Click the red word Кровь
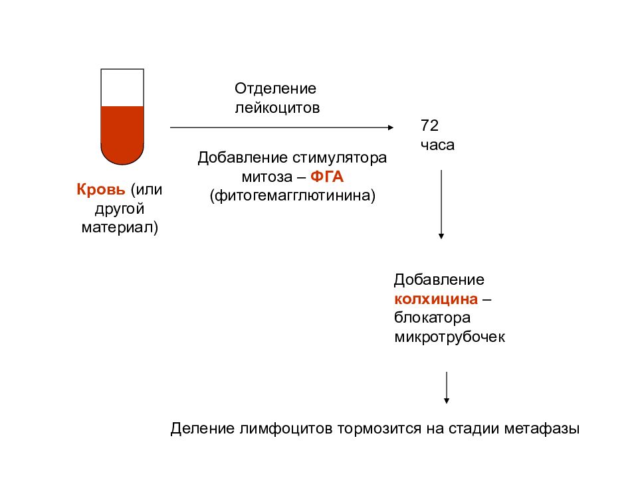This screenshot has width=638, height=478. pos(101,189)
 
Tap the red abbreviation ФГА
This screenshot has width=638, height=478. pos(327,177)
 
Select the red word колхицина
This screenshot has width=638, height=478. pos(436,299)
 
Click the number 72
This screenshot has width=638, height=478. pos(430,125)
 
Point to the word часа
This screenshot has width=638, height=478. pos(437,145)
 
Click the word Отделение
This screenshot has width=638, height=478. pos(275,88)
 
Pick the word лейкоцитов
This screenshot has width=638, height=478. pos(278,108)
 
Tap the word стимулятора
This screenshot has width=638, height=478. pos(340,158)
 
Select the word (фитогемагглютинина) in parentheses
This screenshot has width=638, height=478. pos(292,195)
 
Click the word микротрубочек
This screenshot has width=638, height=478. pos(450,337)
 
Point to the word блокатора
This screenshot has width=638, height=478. pos(432,317)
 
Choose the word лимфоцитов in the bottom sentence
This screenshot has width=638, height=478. pos(286,429)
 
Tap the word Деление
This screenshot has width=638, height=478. pos(203,429)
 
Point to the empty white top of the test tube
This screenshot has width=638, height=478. pos(122,88)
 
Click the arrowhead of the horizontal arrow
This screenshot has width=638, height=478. pos(391,127)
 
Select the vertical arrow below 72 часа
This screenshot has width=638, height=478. pos(441,204)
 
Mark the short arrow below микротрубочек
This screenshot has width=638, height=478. pos(447,388)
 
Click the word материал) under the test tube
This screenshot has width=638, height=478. pos(120,227)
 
